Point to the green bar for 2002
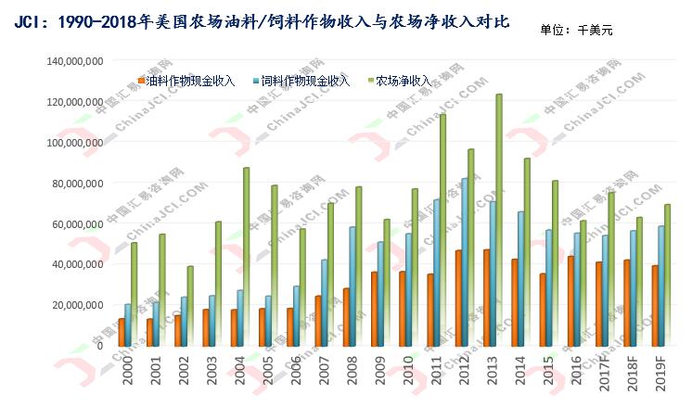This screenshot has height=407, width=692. coord(190,306)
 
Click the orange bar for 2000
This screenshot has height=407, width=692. coord(122,332)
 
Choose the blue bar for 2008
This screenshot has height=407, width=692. coord(352,286)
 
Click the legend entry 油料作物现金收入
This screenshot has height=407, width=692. coord(190,81)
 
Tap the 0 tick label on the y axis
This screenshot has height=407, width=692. coord(99,345)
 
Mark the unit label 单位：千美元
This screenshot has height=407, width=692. coord(576,30)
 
